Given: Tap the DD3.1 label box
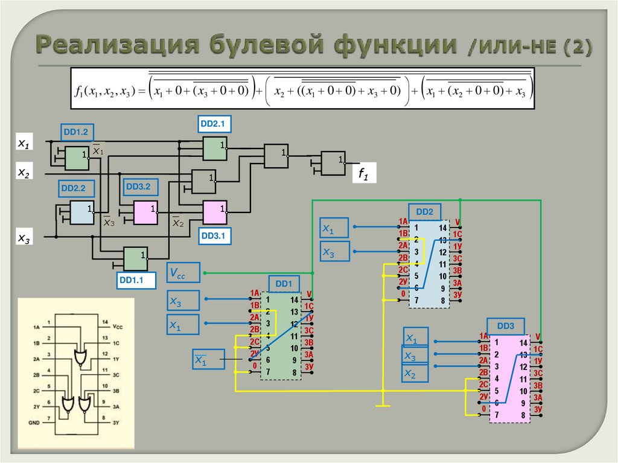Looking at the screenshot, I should point(212,237).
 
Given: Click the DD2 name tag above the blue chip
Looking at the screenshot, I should point(424,212).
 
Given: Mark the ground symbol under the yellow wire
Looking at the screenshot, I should point(383,404).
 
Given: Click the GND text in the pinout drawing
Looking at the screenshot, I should point(33,423).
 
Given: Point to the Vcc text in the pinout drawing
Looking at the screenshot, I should point(118,326).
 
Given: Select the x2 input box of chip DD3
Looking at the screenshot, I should point(415,374).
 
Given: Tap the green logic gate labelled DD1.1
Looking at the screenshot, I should point(135,258).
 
